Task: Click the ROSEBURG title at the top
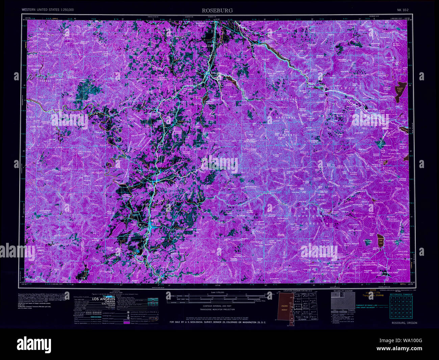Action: tap(217, 10)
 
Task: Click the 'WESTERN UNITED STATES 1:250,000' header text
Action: tap(48, 10)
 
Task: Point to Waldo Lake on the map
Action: tap(400, 91)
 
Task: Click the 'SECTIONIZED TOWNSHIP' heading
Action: tap(401, 294)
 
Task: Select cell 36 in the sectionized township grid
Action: tap(410, 316)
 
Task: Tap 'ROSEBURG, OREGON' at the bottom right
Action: tap(404, 323)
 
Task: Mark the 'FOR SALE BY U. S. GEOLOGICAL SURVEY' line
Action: tap(218, 322)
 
